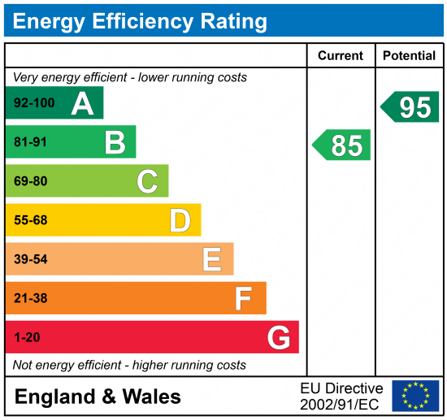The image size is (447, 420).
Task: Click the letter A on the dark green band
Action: [82, 103]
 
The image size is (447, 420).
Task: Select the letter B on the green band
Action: [115, 143]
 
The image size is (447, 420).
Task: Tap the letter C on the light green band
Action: [147, 181]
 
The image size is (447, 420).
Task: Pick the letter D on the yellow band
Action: [180, 220]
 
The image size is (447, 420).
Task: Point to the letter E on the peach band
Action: [212, 259]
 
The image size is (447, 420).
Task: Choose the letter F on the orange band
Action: [244, 298]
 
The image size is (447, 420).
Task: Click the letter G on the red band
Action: [279, 337]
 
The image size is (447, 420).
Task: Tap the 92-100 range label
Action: [33, 104]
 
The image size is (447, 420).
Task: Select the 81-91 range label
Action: [31, 143]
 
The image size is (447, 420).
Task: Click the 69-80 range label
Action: [31, 181]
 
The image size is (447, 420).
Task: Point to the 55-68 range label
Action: [31, 220]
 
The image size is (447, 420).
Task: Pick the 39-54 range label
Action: [31, 259]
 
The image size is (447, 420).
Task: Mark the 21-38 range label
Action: [31, 298]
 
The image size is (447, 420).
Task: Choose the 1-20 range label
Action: [27, 337]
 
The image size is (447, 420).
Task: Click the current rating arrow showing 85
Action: [342, 145]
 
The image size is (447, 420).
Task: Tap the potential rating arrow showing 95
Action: [410, 107]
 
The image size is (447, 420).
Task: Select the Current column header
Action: [341, 56]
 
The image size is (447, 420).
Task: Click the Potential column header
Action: [409, 56]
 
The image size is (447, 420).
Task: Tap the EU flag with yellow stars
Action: [415, 396]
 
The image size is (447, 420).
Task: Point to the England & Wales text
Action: [98, 396]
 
